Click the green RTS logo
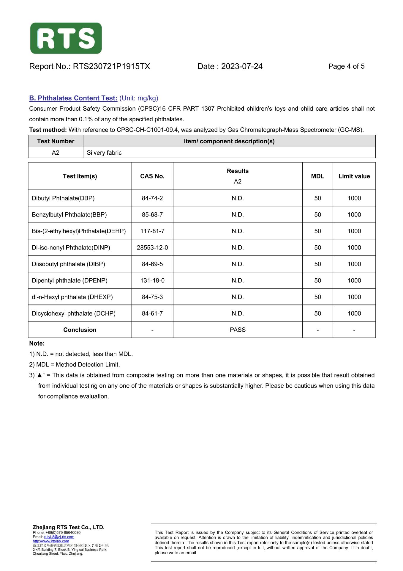[x=66, y=38]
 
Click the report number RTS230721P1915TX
[x=111, y=66]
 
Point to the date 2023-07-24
[x=242, y=66]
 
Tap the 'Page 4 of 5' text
[x=346, y=66]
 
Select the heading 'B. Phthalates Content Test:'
[x=73, y=98]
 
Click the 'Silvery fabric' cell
[x=104, y=153]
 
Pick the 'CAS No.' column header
[x=152, y=176]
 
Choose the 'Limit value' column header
[x=354, y=176]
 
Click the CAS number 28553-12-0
[x=152, y=248]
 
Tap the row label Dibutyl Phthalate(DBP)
[x=63, y=198]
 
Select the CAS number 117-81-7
[x=152, y=231]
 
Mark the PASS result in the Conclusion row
[x=238, y=330]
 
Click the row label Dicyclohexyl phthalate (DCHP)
[x=74, y=313]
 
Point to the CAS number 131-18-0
[x=152, y=280]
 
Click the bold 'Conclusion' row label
[x=80, y=330]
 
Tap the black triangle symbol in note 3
[x=39, y=375]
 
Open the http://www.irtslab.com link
[x=51, y=541]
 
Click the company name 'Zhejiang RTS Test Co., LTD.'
[x=69, y=527]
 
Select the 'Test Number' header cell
[x=56, y=141]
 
